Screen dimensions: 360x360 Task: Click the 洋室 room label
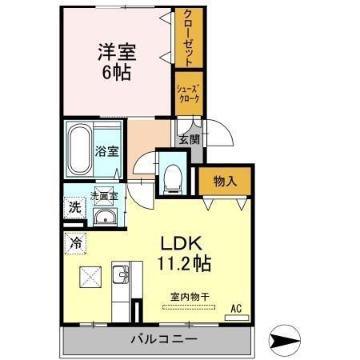click(x=117, y=53)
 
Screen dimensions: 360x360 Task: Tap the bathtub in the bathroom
click(x=79, y=151)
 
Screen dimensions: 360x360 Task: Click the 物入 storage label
click(x=224, y=182)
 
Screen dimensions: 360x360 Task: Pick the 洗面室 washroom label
click(x=103, y=194)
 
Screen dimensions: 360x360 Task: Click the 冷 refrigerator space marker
click(x=74, y=240)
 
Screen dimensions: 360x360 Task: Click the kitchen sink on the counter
click(x=122, y=277)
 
